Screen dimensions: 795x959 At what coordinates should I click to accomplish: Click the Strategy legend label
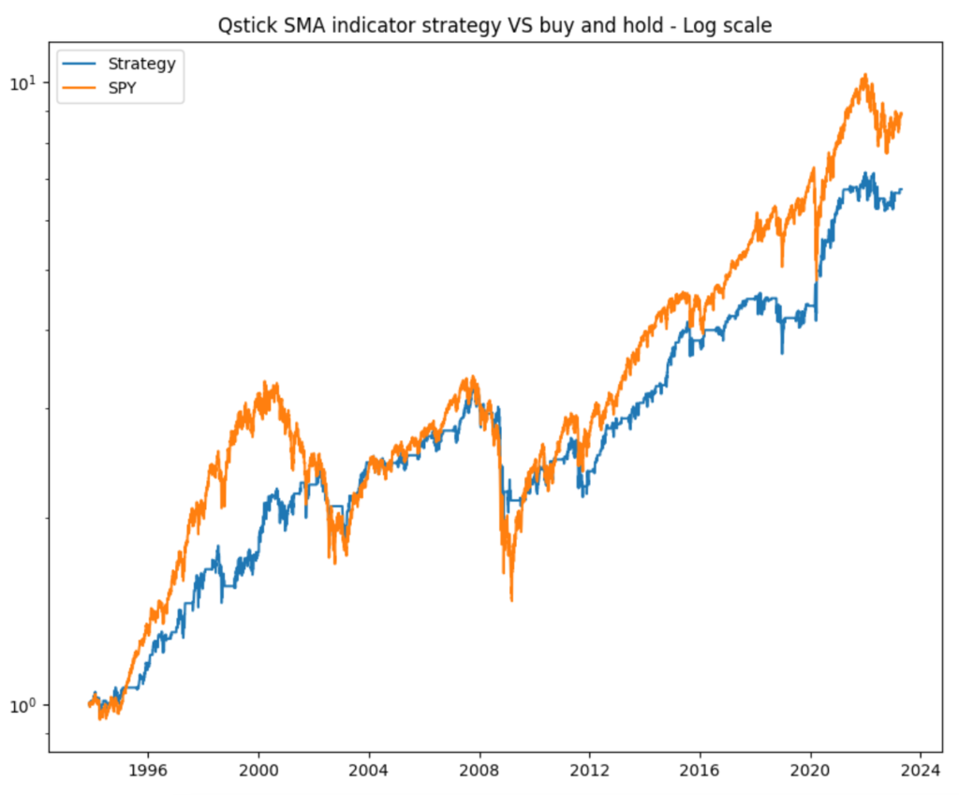click(x=141, y=64)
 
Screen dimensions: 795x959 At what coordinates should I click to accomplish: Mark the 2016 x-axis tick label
click(x=701, y=773)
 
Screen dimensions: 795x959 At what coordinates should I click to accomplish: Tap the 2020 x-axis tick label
click(x=811, y=773)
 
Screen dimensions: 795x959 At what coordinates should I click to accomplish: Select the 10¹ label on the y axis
click(x=22, y=83)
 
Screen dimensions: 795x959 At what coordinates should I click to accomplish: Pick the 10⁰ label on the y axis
click(x=22, y=705)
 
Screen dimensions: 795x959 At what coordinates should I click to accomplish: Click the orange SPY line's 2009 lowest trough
click(x=511, y=599)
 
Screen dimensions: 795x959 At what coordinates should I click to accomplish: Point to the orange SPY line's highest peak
click(x=864, y=75)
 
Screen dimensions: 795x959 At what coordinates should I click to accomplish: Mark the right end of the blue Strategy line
click(x=901, y=190)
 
